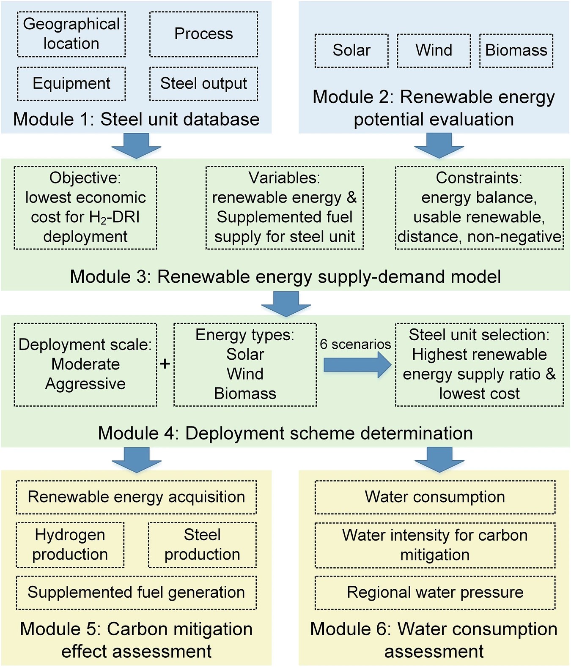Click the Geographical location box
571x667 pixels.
pos(71,34)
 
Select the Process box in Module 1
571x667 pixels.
pos(203,34)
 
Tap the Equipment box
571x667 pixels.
pos(71,84)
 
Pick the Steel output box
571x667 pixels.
pos(203,84)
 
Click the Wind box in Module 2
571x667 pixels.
pos(434,51)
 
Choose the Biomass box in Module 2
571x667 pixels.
pos(516,51)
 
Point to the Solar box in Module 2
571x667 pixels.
pos(351,51)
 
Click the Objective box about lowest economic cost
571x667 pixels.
pos(85,208)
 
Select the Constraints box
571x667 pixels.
pos(479,208)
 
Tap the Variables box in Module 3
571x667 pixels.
pos(285,208)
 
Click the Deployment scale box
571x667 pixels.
pos(85,365)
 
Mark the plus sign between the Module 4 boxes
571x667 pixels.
pos(165,364)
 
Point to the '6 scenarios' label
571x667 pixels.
pos(355,344)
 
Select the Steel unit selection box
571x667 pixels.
pos(479,365)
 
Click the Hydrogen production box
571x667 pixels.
pos(70,545)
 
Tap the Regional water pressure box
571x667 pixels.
pos(435,593)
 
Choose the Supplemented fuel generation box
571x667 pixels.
pos(136,593)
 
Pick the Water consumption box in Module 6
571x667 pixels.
pos(435,497)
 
